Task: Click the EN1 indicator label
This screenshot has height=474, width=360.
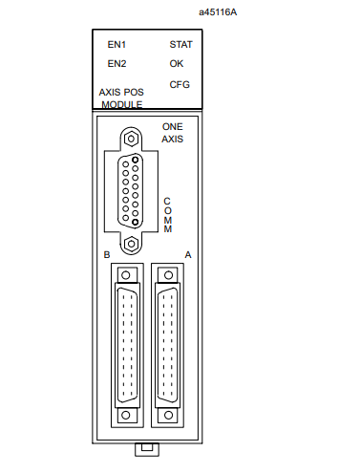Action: [x=116, y=44]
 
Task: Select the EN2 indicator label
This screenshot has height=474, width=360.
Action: [x=116, y=64]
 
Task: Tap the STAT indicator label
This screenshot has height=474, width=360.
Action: [x=180, y=44]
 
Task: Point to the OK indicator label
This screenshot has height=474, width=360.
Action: [x=176, y=64]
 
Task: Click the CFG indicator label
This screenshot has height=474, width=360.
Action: [x=179, y=84]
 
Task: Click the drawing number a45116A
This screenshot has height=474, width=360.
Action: [x=218, y=11]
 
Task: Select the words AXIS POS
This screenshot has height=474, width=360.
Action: [x=121, y=93]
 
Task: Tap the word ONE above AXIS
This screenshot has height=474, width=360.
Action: [x=172, y=126]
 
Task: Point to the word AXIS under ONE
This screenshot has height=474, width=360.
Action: [x=172, y=139]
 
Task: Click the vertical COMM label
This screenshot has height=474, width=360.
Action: [x=167, y=215]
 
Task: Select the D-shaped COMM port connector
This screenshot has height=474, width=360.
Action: [x=136, y=190]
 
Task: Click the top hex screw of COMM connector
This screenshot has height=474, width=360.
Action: [x=136, y=137]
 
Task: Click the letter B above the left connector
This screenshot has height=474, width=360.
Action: [x=107, y=255]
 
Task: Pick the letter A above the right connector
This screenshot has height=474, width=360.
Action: [x=187, y=255]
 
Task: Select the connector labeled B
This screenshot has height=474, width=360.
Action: [x=126, y=344]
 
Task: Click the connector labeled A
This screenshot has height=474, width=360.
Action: [x=168, y=344]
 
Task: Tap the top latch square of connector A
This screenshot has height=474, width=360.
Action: [x=168, y=273]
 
